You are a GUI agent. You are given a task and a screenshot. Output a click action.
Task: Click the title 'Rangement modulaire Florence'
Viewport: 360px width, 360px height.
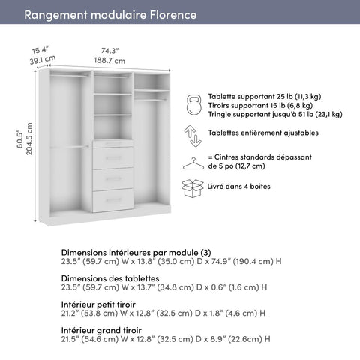[111, 15]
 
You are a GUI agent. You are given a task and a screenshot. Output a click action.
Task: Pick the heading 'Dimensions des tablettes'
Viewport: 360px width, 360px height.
[110, 277]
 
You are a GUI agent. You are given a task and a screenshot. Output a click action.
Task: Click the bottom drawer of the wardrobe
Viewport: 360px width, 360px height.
[113, 199]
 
